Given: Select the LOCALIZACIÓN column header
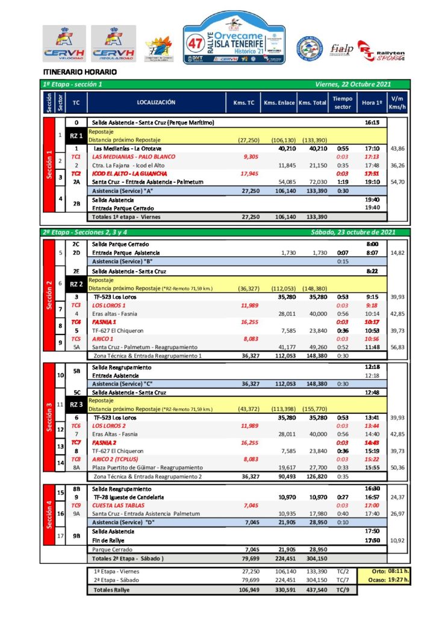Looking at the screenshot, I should (x=156, y=102).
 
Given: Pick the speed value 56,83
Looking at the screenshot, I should (x=397, y=346).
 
